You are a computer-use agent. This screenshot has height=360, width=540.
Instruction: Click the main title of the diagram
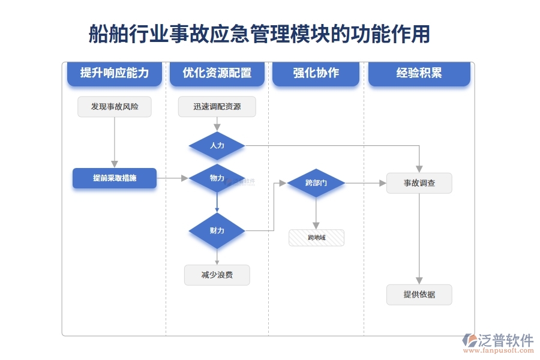click(x=259, y=34)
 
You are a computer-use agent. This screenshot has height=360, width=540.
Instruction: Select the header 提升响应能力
click(x=114, y=73)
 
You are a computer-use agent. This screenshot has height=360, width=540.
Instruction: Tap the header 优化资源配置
click(x=217, y=73)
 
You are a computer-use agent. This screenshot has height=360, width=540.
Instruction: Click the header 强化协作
click(x=316, y=73)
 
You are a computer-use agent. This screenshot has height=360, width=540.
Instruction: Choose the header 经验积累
click(x=419, y=73)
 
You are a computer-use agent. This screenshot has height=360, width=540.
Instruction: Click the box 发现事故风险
click(x=114, y=107)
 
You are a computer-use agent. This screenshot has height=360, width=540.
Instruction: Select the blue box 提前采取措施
click(x=114, y=178)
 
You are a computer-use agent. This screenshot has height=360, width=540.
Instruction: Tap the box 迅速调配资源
click(x=217, y=107)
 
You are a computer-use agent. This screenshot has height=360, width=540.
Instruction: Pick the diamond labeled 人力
click(x=217, y=146)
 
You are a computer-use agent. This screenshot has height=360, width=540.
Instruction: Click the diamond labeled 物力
click(x=217, y=178)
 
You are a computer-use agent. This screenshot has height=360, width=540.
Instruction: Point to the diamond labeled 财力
click(x=217, y=230)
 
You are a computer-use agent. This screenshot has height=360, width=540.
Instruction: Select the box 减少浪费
click(x=217, y=275)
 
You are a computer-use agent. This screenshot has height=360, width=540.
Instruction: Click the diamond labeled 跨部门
click(x=316, y=183)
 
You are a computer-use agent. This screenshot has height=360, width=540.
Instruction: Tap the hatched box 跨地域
click(x=316, y=238)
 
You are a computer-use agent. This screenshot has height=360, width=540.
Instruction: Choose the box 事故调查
click(x=419, y=183)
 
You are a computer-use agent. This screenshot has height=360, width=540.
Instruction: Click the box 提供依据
click(x=419, y=295)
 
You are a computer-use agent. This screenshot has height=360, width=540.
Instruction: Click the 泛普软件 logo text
click(x=505, y=340)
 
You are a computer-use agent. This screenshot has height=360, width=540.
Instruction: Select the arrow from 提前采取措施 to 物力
click(x=173, y=178)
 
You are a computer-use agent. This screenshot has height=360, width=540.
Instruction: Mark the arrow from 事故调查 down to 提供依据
click(x=419, y=240)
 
